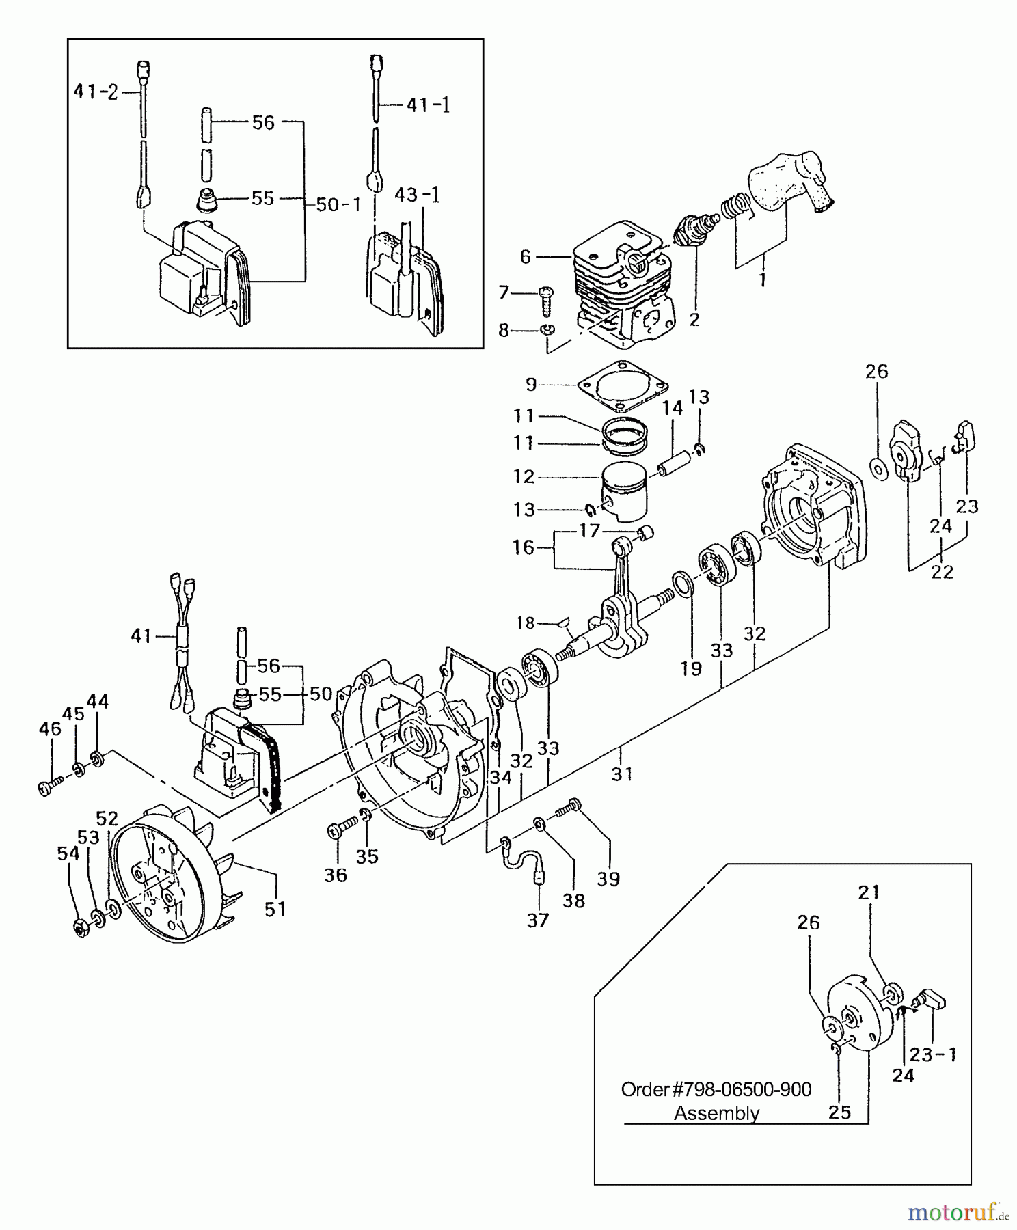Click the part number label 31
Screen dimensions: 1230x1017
click(x=622, y=774)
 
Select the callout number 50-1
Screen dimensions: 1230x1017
click(x=338, y=204)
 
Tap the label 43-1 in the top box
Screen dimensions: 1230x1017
click(x=417, y=195)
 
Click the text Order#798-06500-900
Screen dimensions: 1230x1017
click(x=716, y=1089)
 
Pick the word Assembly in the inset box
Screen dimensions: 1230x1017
click(x=716, y=1114)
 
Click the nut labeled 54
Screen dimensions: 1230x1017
click(x=83, y=928)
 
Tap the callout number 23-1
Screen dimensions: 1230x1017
click(x=933, y=1054)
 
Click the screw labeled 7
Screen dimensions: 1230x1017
click(x=545, y=300)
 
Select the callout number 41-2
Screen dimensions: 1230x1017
click(x=96, y=92)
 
